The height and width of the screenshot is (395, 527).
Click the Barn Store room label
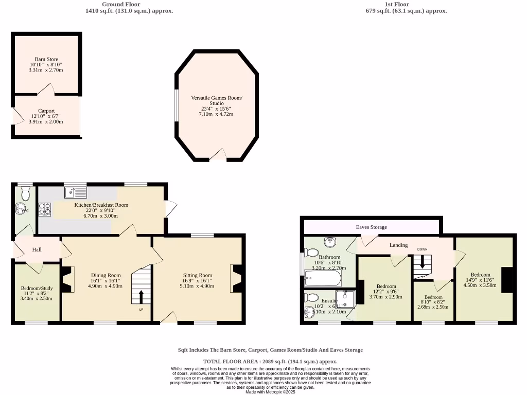(x=46, y=59)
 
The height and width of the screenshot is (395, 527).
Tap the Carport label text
(x=46, y=111)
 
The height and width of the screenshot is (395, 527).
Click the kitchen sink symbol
(x=76, y=192)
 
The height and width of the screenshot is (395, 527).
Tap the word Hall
(x=37, y=250)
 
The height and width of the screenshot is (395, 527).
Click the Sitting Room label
(x=198, y=275)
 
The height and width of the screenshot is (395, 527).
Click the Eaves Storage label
(x=371, y=227)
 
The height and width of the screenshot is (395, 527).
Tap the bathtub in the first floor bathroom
(x=323, y=279)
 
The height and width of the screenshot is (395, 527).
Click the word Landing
(x=398, y=245)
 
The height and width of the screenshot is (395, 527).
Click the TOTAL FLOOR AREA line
(x=270, y=362)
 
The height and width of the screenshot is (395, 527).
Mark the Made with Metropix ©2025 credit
(x=270, y=392)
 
